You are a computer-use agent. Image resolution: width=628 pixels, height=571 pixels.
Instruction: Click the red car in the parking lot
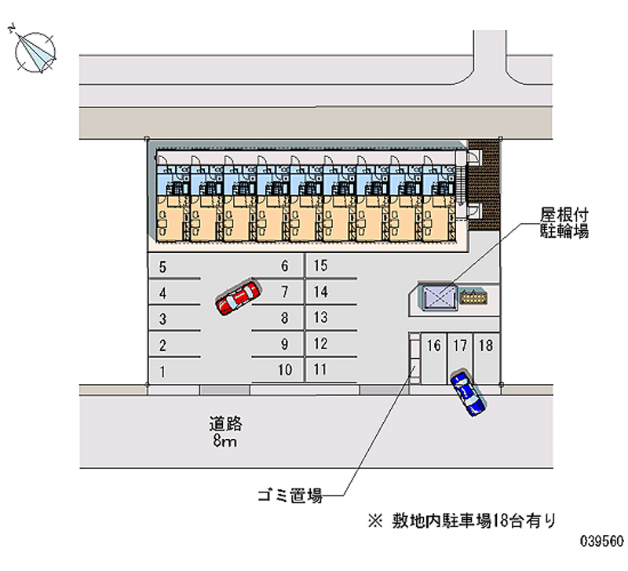238,298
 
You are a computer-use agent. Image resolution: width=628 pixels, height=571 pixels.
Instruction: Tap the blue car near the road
467,393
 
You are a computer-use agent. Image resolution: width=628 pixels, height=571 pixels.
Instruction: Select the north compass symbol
35,51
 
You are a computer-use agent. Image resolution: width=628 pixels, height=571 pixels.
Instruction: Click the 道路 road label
225,423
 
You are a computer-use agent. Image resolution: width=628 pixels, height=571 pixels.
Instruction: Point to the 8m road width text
225,441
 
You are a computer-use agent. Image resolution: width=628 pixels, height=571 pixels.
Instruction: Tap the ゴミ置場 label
290,496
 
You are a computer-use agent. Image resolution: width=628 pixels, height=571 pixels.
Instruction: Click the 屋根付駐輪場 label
564,223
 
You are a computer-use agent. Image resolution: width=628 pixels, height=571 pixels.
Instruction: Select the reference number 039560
602,541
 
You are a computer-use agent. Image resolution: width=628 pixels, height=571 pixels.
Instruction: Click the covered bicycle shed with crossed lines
439,298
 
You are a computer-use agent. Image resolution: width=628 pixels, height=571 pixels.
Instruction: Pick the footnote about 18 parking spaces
462,521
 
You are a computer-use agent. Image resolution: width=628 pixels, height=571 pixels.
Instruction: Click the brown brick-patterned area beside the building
484,185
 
